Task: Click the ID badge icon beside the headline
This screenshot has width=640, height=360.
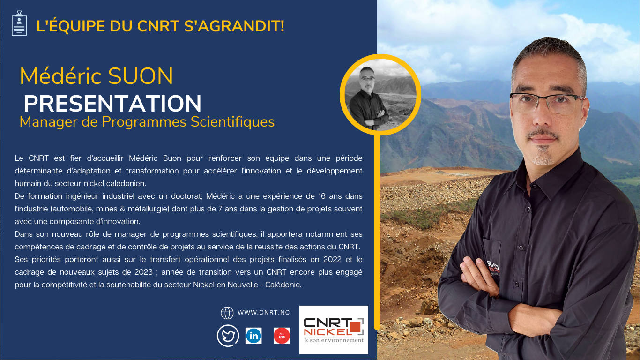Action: click(x=19, y=23)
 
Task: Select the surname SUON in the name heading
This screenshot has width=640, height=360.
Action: click(x=140, y=76)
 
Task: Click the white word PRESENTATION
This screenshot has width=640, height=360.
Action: click(x=112, y=103)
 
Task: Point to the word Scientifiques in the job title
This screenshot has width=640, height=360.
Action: click(x=232, y=122)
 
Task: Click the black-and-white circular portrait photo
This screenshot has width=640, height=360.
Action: click(x=380, y=94)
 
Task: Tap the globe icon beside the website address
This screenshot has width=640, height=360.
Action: click(x=227, y=313)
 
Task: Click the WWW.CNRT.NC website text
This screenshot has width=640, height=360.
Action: click(x=264, y=313)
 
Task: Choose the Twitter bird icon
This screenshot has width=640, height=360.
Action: click(x=228, y=336)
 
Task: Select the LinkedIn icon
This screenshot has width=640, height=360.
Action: click(x=253, y=336)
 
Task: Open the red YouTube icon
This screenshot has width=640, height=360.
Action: click(x=282, y=336)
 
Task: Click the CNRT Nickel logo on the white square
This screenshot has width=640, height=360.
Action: click(x=334, y=330)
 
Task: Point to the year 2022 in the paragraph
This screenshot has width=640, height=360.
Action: click(x=332, y=259)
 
